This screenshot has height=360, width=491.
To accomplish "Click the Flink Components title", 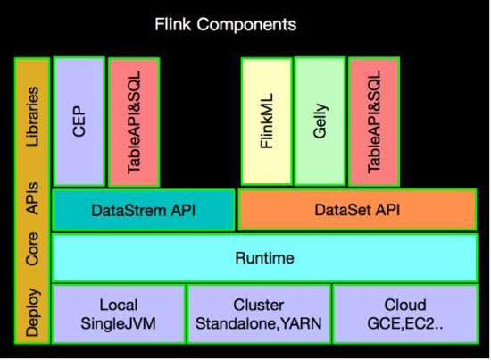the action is (226, 24).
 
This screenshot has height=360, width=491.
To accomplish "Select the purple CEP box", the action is (79, 121).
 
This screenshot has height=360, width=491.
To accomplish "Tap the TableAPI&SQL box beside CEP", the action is (134, 122).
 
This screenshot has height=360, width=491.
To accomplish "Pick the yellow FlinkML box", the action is (267, 121).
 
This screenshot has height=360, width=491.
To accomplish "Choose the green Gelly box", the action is (320, 121).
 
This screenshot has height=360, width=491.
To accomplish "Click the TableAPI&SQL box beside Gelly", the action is (374, 121).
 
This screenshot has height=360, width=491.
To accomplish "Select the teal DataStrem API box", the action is (144, 210).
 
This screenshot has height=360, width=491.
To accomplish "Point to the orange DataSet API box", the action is (357, 210).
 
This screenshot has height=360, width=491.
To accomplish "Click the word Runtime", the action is (264, 258).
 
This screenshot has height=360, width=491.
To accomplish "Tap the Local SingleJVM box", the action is (119, 314).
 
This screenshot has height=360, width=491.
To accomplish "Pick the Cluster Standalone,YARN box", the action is (259, 314).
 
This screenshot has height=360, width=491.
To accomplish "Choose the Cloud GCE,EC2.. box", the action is (405, 314).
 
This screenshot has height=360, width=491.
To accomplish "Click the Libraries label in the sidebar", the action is (32, 116).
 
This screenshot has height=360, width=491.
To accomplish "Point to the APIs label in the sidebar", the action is (32, 198).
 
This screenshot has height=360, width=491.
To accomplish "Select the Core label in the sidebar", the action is (32, 249).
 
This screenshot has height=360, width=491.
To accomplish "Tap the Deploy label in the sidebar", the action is (33, 313).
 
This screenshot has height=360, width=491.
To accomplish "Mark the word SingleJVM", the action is (119, 323).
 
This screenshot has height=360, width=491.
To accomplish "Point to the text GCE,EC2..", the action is (401, 324).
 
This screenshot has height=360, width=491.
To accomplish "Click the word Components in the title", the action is (246, 24).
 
